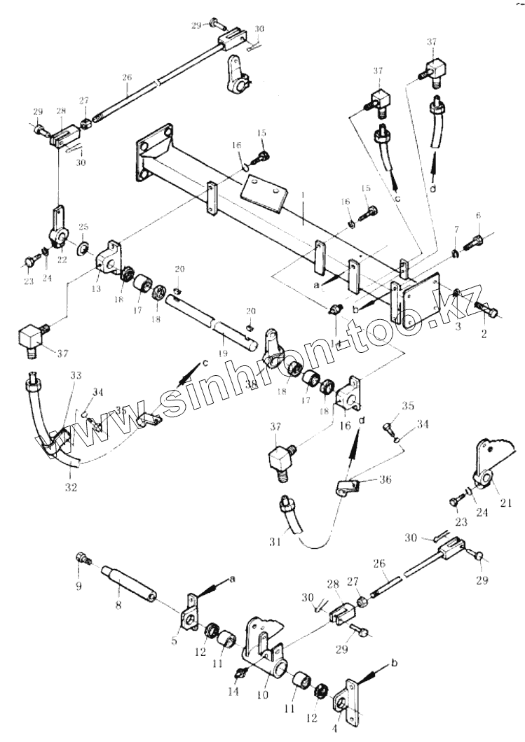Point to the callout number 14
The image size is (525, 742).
point(233,692)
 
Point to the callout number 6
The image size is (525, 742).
point(477,215)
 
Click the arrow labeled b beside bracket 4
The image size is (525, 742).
point(379,666)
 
